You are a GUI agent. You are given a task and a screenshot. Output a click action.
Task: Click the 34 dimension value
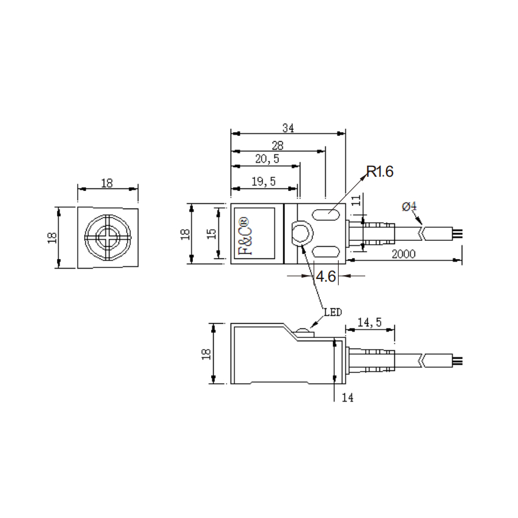[288, 128]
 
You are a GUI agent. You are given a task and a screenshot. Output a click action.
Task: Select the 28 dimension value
[278, 146]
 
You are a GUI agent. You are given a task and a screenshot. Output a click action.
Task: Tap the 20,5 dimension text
[267, 159]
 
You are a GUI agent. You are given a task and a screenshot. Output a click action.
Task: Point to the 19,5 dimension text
[264, 181]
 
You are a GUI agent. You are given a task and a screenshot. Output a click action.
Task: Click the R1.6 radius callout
[380, 172]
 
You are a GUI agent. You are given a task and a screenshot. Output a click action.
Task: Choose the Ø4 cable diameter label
[409, 207]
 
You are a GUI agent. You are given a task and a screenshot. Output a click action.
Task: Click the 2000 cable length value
[403, 254]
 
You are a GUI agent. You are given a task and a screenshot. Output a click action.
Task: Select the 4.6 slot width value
[326, 276]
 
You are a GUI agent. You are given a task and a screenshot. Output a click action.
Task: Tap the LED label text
[333, 312]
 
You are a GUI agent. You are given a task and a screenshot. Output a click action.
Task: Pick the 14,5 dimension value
[370, 322]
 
